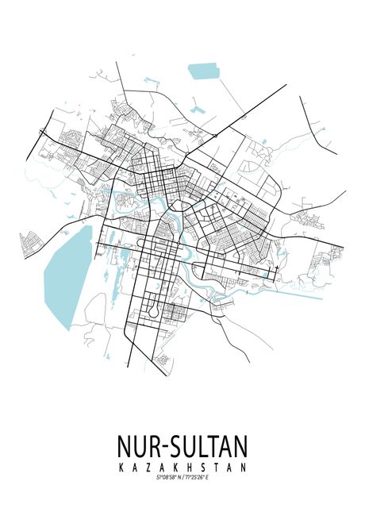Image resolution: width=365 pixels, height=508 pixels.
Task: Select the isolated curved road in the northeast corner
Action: [315, 123]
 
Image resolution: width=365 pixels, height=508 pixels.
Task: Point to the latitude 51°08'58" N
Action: [163, 477]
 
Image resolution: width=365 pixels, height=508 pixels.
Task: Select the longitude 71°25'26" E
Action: [203, 477]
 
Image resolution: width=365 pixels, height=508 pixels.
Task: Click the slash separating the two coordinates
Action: [183, 477]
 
